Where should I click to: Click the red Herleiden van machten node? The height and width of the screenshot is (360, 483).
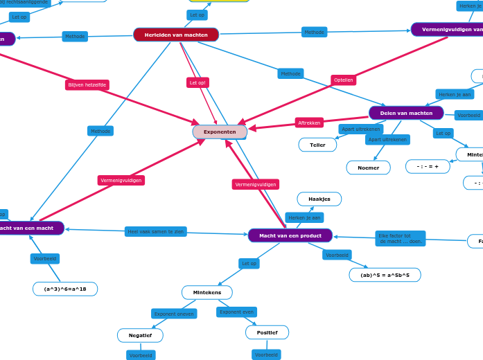[176, 35]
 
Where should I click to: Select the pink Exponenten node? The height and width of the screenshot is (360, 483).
[220, 132]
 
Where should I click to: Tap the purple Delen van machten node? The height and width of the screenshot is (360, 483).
[406, 113]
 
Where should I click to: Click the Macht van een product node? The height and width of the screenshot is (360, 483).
[290, 235]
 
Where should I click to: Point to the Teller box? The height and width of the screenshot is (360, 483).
[317, 145]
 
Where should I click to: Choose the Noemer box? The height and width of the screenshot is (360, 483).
[368, 168]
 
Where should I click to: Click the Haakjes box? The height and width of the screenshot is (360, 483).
[319, 199]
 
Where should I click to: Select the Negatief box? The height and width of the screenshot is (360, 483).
[140, 335]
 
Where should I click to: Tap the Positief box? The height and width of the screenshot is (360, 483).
[267, 332]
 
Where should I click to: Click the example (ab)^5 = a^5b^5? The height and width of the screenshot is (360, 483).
[385, 275]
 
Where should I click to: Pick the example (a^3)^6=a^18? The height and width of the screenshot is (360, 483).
[65, 289]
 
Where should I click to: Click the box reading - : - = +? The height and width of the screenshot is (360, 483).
[428, 166]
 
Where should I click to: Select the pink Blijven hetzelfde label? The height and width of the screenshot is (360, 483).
[87, 84]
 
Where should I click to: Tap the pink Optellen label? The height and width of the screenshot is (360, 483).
[343, 80]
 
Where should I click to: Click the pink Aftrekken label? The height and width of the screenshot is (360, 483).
[309, 123]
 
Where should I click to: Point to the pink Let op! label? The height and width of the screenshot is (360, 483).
[198, 82]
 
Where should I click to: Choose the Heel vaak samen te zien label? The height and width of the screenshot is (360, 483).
[156, 231]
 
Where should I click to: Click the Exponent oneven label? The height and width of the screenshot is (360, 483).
[174, 314]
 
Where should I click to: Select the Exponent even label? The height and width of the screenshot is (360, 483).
[236, 312]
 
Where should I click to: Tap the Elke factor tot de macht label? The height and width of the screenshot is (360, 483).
[400, 239]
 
